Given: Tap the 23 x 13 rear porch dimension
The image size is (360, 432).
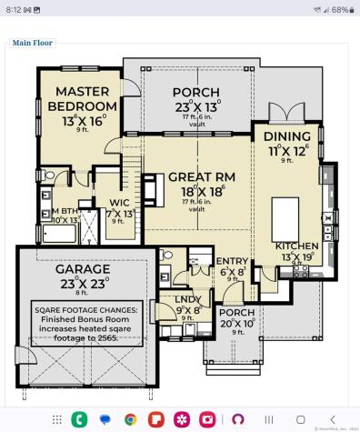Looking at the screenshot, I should [195, 107].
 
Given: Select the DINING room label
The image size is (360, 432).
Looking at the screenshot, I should [287, 136].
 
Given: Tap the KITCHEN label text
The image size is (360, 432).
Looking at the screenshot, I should [296, 246].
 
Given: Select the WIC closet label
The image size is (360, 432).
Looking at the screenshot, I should [118, 202].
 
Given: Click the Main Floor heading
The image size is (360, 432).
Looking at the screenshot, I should [33, 42].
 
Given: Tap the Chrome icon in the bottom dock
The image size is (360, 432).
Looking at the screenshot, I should [131, 418].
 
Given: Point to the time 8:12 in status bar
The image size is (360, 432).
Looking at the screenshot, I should [15, 9].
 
